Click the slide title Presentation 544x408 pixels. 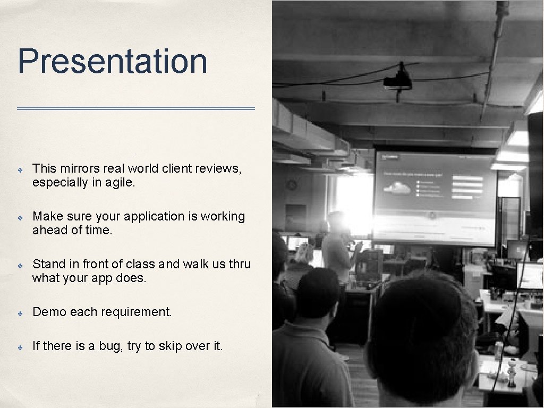click(112, 61)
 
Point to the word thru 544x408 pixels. click(240, 264)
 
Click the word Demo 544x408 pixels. click(49, 312)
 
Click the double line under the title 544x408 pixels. click(136, 108)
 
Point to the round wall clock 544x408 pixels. click(292, 184)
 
